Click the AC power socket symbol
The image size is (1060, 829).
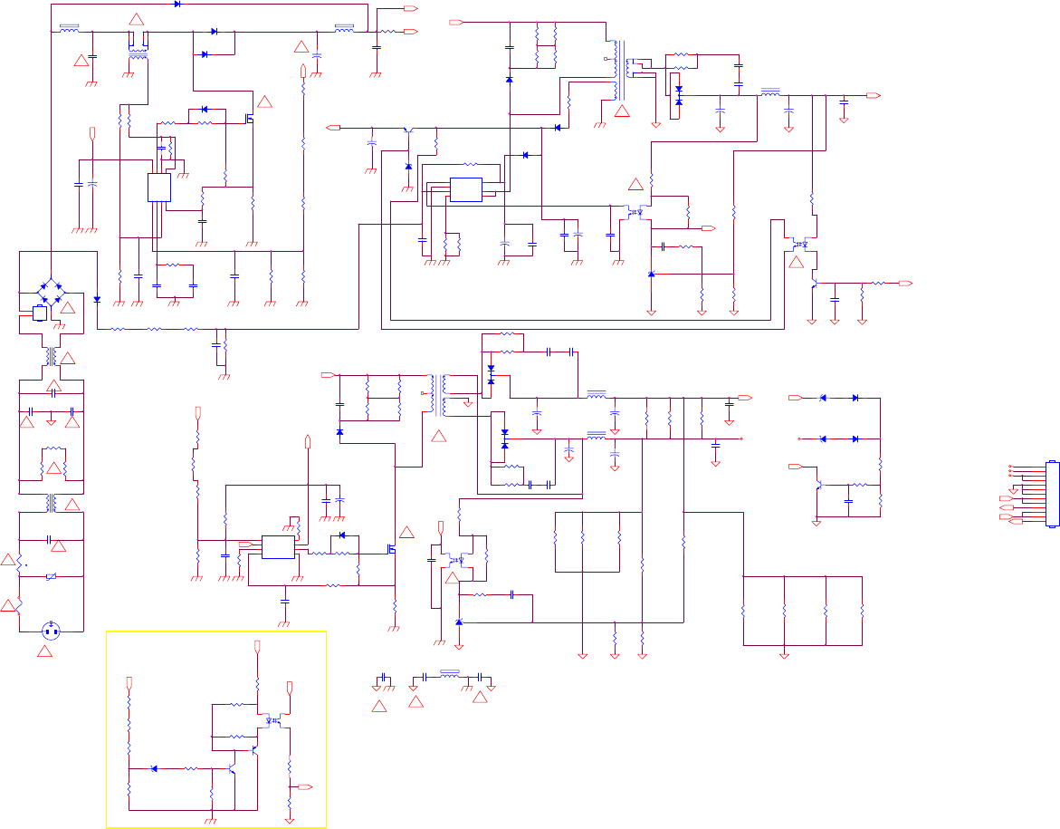(x=51, y=631)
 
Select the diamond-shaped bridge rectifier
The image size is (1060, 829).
(x=52, y=293)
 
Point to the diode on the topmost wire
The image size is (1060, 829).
(x=176, y=4)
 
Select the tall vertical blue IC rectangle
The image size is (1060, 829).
(x=158, y=188)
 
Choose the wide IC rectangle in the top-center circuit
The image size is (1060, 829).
(x=466, y=189)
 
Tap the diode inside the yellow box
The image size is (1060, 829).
(x=154, y=768)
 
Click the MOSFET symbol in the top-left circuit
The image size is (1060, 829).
(x=249, y=118)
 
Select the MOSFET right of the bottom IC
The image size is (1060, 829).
(x=393, y=549)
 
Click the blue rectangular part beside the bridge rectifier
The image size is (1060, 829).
(x=40, y=313)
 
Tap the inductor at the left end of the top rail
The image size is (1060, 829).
(x=68, y=28)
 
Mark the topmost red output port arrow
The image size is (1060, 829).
(x=411, y=8)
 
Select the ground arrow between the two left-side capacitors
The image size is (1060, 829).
(x=52, y=419)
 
